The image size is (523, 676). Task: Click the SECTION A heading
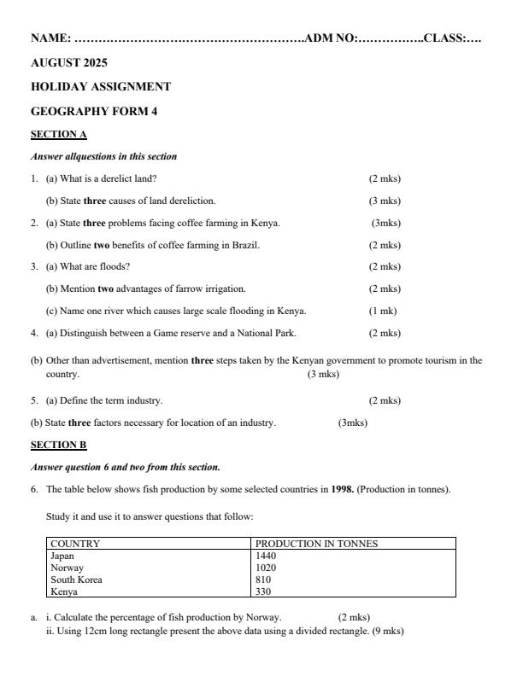coord(59,134)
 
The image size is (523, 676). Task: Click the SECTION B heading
coord(59,445)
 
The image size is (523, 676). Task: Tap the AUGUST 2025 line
coord(69,62)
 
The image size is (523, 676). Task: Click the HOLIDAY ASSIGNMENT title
coord(101,86)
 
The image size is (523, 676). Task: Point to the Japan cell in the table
coord(62,555)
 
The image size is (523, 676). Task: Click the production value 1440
coord(266,555)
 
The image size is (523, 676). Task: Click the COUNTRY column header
coord(75,544)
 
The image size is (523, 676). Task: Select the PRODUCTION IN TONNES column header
coord(316,544)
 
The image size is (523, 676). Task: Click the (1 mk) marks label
coord(383,311)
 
